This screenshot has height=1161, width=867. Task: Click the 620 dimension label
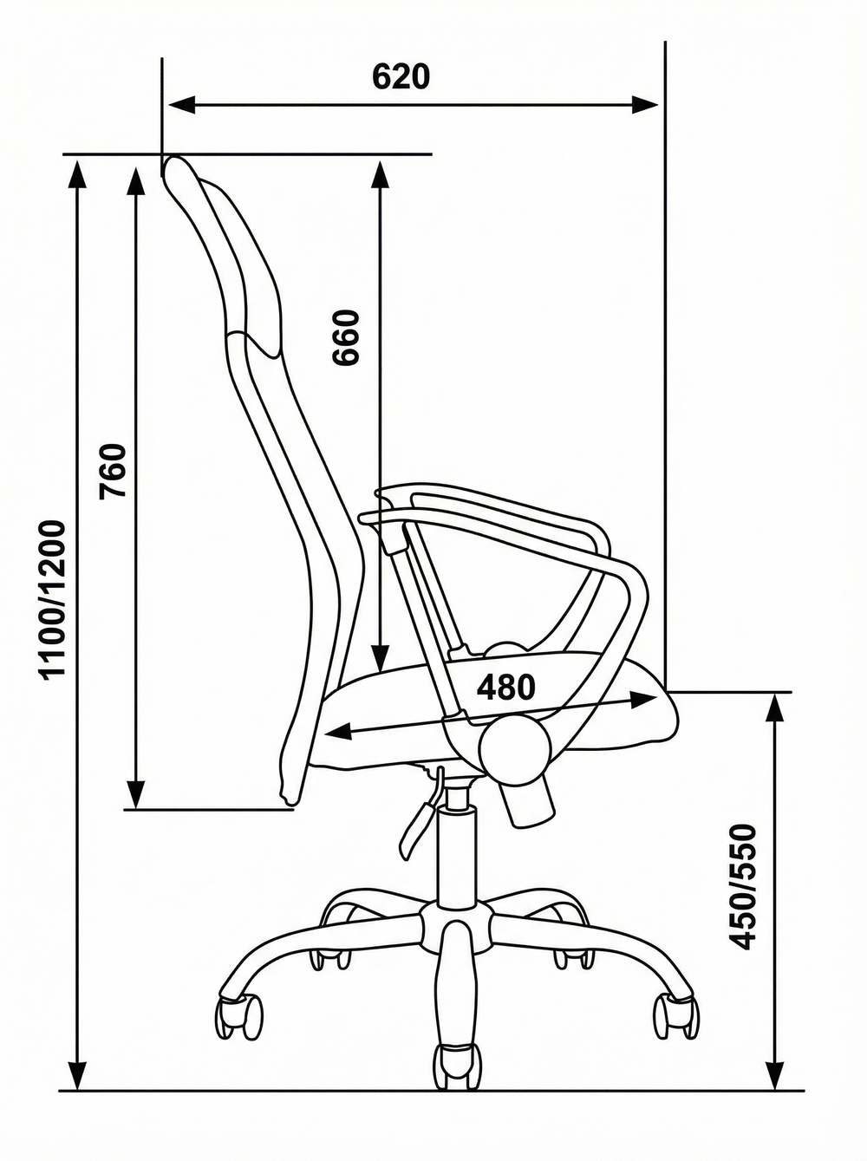[401, 76]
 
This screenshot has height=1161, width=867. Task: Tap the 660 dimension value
[346, 337]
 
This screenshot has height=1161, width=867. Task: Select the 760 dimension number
[114, 471]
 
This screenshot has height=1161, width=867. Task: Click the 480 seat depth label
[506, 687]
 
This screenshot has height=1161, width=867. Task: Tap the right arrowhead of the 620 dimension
[646, 105]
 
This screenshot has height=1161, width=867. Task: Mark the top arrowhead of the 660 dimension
[380, 174]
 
